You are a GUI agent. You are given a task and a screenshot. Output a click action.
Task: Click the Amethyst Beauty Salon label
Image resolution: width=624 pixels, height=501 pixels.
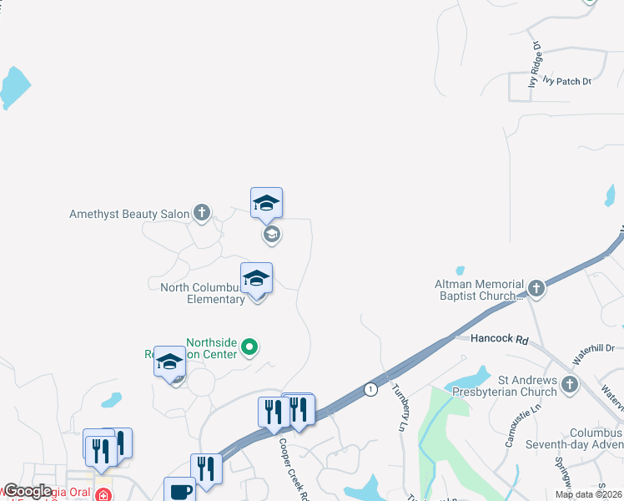coord(129,215)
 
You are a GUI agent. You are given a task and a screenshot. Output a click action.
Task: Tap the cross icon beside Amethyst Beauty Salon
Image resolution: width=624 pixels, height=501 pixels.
coord(202,214)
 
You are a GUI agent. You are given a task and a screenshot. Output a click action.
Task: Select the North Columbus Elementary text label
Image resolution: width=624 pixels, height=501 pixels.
coord(203,293)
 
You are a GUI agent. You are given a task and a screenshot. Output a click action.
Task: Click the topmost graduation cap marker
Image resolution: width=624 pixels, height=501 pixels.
coord(266,203)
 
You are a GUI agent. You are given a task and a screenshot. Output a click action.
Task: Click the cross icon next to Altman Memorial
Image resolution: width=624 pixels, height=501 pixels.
coord(536,289)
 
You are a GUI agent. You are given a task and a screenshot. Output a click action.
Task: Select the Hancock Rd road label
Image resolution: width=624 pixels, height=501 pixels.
coord(500,340)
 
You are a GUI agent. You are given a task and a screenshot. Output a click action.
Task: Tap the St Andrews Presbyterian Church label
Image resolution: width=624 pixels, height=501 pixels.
coord(505,385)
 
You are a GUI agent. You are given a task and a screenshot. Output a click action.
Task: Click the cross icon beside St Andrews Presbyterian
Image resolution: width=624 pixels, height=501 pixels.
coord(570,384)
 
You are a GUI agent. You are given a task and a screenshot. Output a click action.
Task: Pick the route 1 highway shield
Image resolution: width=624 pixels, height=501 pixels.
coord(370,389)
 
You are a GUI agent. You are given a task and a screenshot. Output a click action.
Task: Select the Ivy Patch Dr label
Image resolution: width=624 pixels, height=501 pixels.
coord(566,81)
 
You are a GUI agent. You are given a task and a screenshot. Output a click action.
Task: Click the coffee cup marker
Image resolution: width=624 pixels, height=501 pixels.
coord(179,491)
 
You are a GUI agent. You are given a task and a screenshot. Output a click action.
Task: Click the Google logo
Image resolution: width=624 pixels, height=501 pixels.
coord(27,491)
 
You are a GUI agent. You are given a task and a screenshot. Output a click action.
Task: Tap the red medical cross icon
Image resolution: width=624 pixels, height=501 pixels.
coord(102,494)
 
